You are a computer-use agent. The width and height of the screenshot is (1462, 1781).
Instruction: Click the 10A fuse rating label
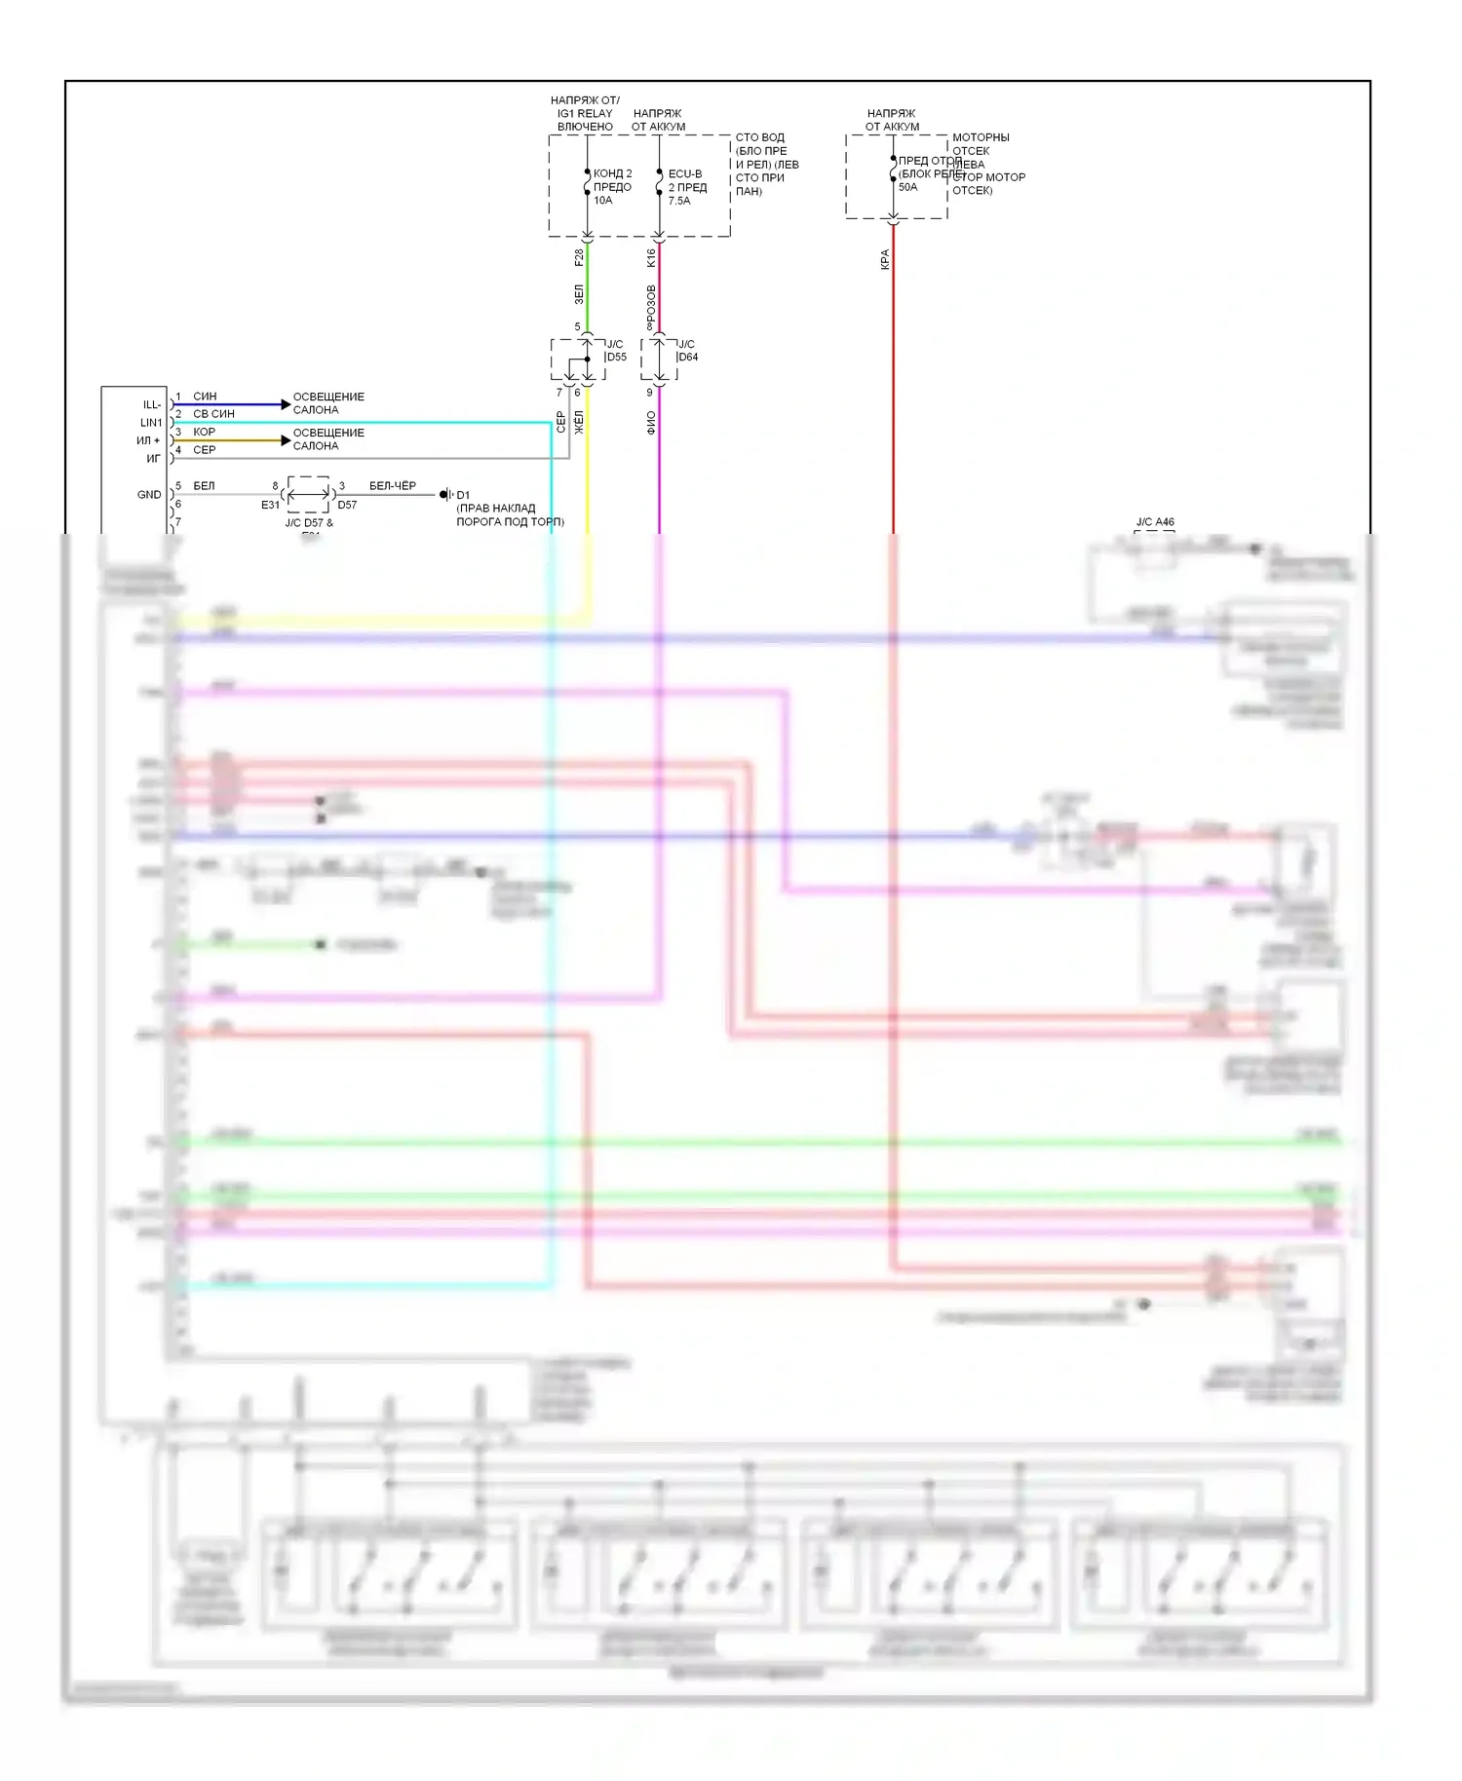pos(603,201)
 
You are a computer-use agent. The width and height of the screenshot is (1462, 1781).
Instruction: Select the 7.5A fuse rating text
pos(679,201)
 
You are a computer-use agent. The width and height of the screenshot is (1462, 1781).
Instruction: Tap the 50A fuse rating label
pos(907,187)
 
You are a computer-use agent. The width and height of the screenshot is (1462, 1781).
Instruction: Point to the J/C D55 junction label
pos(616,351)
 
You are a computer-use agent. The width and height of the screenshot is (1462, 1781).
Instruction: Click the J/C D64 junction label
pos(687,351)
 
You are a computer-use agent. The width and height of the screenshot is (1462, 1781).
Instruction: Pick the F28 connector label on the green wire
pos(579,257)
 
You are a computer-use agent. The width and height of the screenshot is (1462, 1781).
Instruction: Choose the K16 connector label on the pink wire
pos(651,257)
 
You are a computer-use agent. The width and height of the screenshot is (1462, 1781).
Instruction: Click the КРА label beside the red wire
pos(885,259)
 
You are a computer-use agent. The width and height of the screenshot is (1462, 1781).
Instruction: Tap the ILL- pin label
pos(152,404)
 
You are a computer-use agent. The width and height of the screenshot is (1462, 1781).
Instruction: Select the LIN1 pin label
pos(151,423)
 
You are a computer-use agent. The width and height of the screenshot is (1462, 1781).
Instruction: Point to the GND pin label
pos(149,495)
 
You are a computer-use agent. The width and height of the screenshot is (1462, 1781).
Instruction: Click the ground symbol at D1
pos(445,495)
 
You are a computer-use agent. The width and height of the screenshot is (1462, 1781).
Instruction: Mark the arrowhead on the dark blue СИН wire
pos(286,404)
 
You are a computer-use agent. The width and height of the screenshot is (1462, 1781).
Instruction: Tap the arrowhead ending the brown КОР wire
pos(286,440)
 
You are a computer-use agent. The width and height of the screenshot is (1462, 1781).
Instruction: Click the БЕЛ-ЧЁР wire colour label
pos(392,485)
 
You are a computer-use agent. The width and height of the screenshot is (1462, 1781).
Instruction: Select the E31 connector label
pos(270,505)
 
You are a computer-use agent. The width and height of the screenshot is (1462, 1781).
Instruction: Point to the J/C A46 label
pos(1155,522)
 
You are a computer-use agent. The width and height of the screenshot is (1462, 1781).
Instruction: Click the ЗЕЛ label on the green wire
pos(579,293)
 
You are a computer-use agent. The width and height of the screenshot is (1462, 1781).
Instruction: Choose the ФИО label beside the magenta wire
pos(651,422)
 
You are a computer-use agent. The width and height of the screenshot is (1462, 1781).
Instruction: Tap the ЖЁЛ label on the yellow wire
pos(579,422)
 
